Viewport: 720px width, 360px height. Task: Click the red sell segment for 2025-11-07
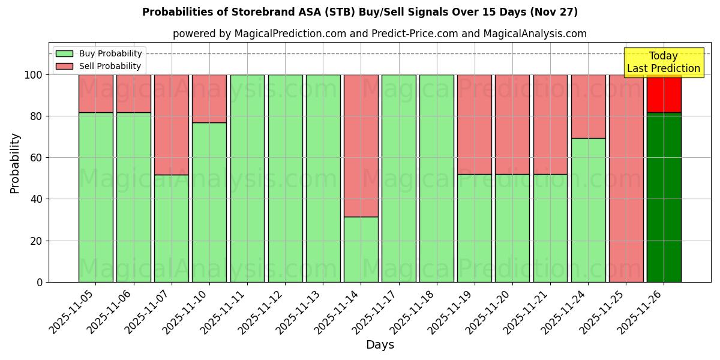coord(171,124)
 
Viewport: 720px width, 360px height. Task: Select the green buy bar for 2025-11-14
coord(361,249)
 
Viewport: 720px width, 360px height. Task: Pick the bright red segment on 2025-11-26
coord(664,94)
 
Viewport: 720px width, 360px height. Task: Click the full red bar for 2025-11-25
coord(626,178)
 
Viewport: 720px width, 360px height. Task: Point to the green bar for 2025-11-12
coord(285,178)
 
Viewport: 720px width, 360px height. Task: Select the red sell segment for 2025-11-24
coord(588,106)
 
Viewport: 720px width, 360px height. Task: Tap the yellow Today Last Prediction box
coord(664,62)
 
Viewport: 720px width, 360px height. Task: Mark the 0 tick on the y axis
coord(39,282)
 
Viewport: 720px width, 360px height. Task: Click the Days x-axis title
coord(380,345)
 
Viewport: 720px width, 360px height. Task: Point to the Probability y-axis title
coord(15,163)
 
